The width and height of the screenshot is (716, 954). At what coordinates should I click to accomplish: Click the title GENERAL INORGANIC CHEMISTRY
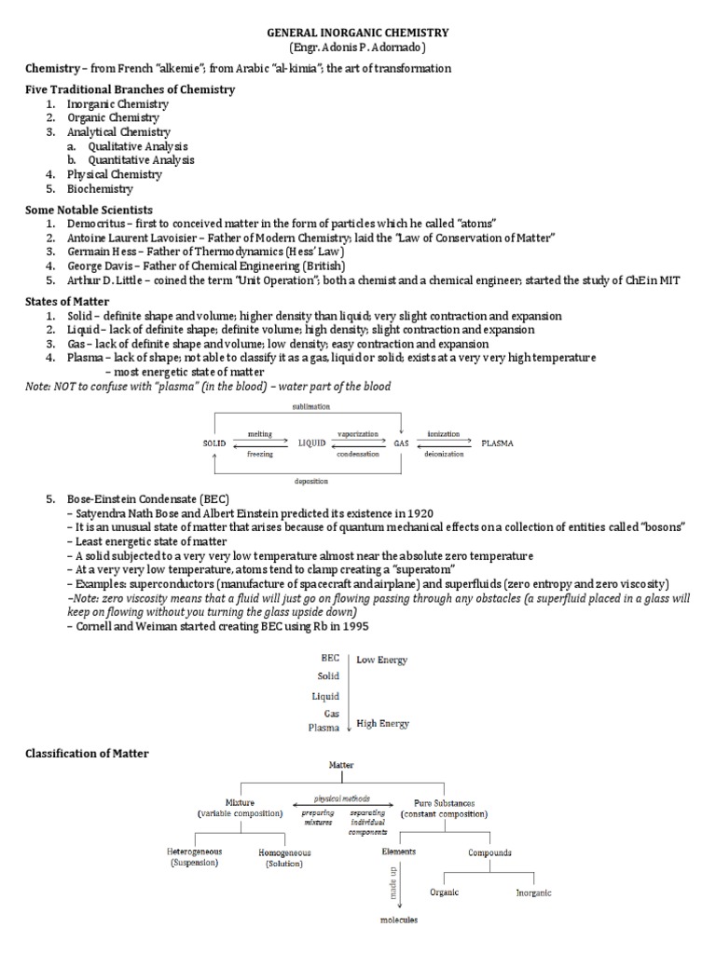click(x=358, y=33)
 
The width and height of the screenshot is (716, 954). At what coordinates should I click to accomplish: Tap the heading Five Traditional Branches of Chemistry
click(x=130, y=89)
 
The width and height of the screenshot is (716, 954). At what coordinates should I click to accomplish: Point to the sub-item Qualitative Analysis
click(x=138, y=146)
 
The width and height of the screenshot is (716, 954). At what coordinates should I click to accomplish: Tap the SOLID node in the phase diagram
click(x=215, y=443)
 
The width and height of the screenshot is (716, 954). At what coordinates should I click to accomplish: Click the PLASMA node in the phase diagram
click(x=497, y=443)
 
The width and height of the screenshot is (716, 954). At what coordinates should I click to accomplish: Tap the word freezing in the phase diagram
click(x=260, y=454)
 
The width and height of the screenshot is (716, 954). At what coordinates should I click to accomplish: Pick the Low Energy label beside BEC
click(x=381, y=660)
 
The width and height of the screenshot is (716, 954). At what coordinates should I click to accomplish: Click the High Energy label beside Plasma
click(x=382, y=723)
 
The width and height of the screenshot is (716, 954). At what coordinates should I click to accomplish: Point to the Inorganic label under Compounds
click(x=533, y=893)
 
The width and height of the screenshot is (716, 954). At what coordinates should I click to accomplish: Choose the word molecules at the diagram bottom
click(x=399, y=920)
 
